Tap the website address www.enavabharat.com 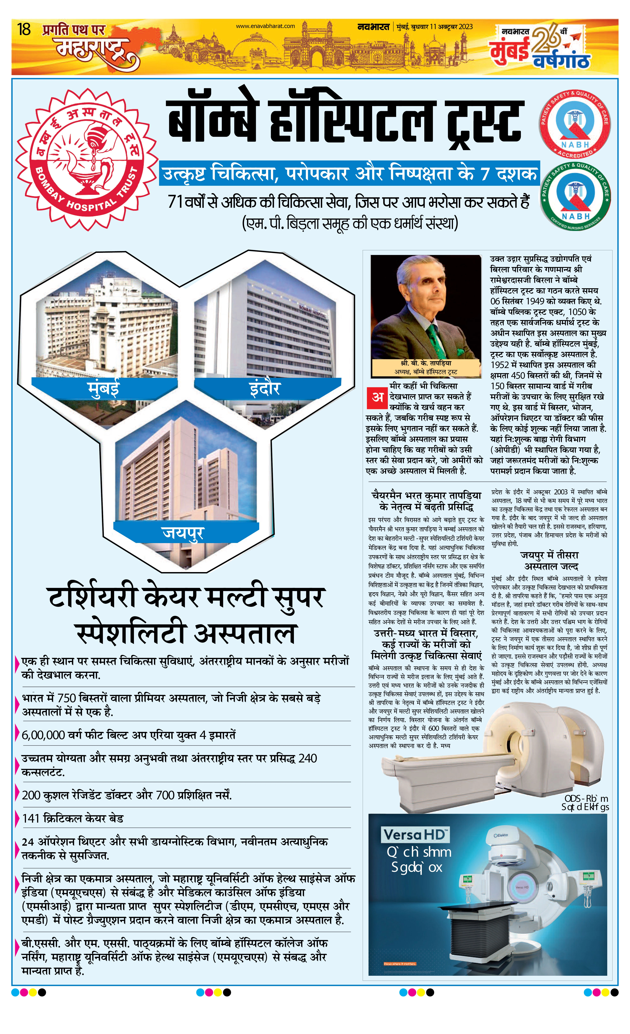[265, 26]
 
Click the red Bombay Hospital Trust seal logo [86, 159]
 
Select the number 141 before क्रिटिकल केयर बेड [31, 818]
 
